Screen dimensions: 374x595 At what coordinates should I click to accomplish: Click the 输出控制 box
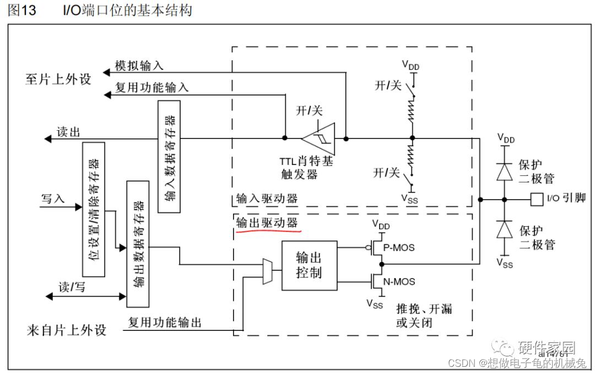(x=309, y=265)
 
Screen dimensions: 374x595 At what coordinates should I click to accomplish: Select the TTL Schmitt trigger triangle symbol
(x=322, y=138)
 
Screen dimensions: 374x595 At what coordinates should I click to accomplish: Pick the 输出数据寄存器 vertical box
(x=138, y=243)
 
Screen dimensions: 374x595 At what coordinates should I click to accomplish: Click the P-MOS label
(x=399, y=248)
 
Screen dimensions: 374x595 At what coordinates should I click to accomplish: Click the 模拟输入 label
(x=139, y=65)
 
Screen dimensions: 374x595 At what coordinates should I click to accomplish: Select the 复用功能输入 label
(x=151, y=87)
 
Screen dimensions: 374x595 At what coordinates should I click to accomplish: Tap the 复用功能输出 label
(x=165, y=322)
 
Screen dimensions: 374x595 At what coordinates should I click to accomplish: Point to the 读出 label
(x=69, y=132)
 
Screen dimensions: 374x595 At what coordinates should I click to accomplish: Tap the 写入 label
(x=53, y=199)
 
